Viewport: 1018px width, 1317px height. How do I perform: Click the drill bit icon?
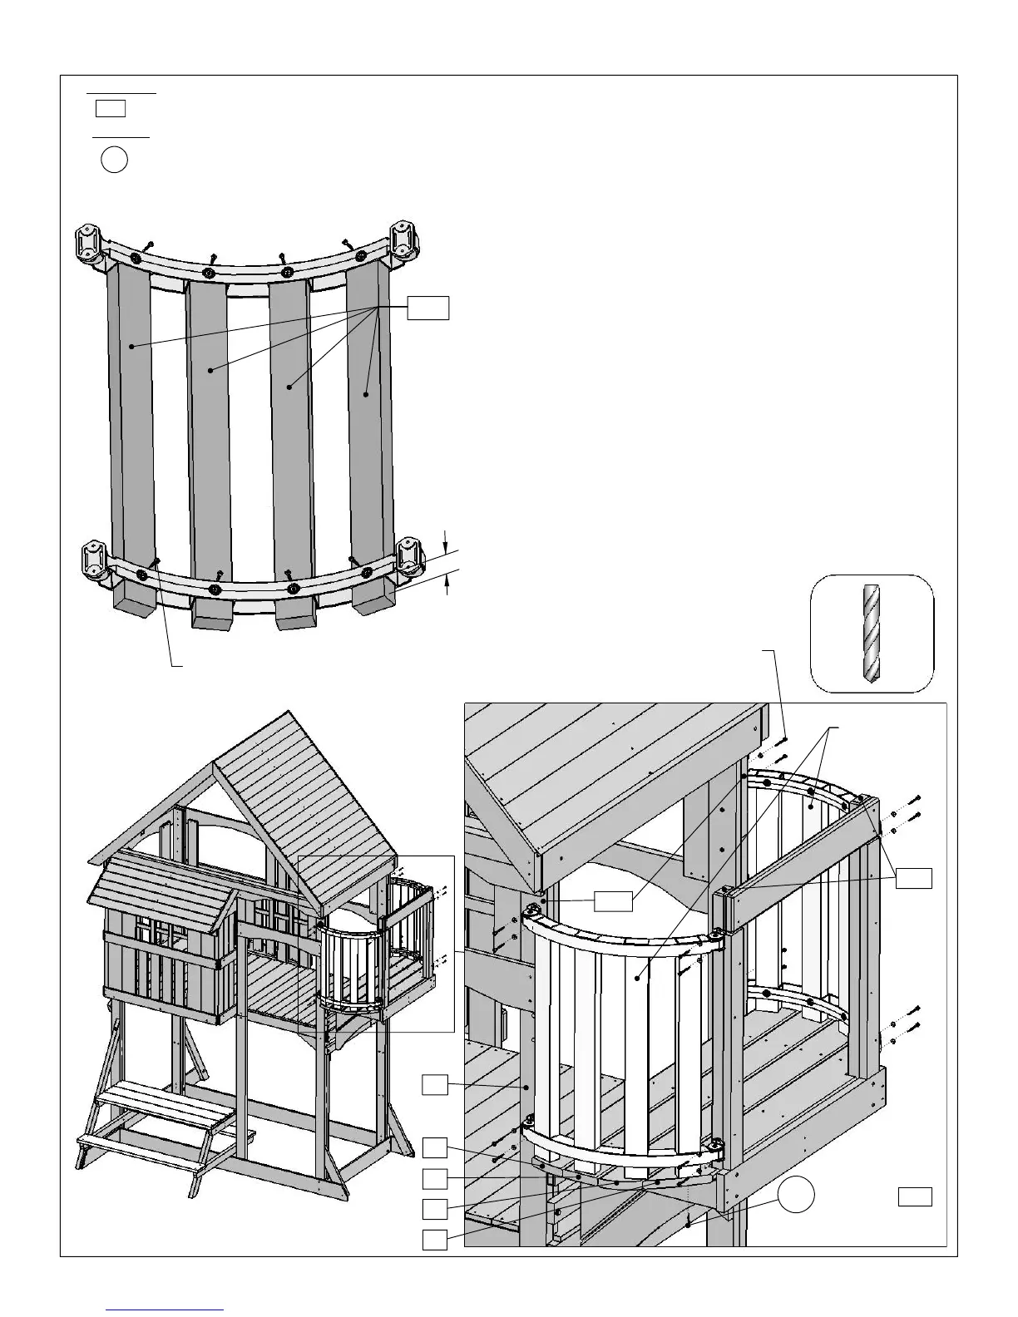[x=870, y=633]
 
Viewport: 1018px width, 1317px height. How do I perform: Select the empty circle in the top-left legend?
[x=115, y=159]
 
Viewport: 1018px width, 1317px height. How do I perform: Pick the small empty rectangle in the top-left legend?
[x=110, y=108]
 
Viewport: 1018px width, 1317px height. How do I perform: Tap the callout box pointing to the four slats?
[x=427, y=307]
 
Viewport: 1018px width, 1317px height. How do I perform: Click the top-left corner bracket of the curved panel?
[x=89, y=243]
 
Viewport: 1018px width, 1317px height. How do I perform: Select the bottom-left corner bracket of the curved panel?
[x=93, y=560]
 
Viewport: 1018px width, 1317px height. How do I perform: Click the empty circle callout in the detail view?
[x=796, y=1195]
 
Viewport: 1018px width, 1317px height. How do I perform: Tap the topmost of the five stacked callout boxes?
[x=435, y=1084]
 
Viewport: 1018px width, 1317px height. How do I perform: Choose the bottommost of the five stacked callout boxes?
[x=435, y=1240]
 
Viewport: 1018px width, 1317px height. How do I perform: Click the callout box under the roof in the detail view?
[x=614, y=900]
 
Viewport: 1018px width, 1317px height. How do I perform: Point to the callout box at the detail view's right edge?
[x=913, y=877]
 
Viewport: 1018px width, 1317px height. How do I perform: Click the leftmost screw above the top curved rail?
[x=147, y=246]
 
